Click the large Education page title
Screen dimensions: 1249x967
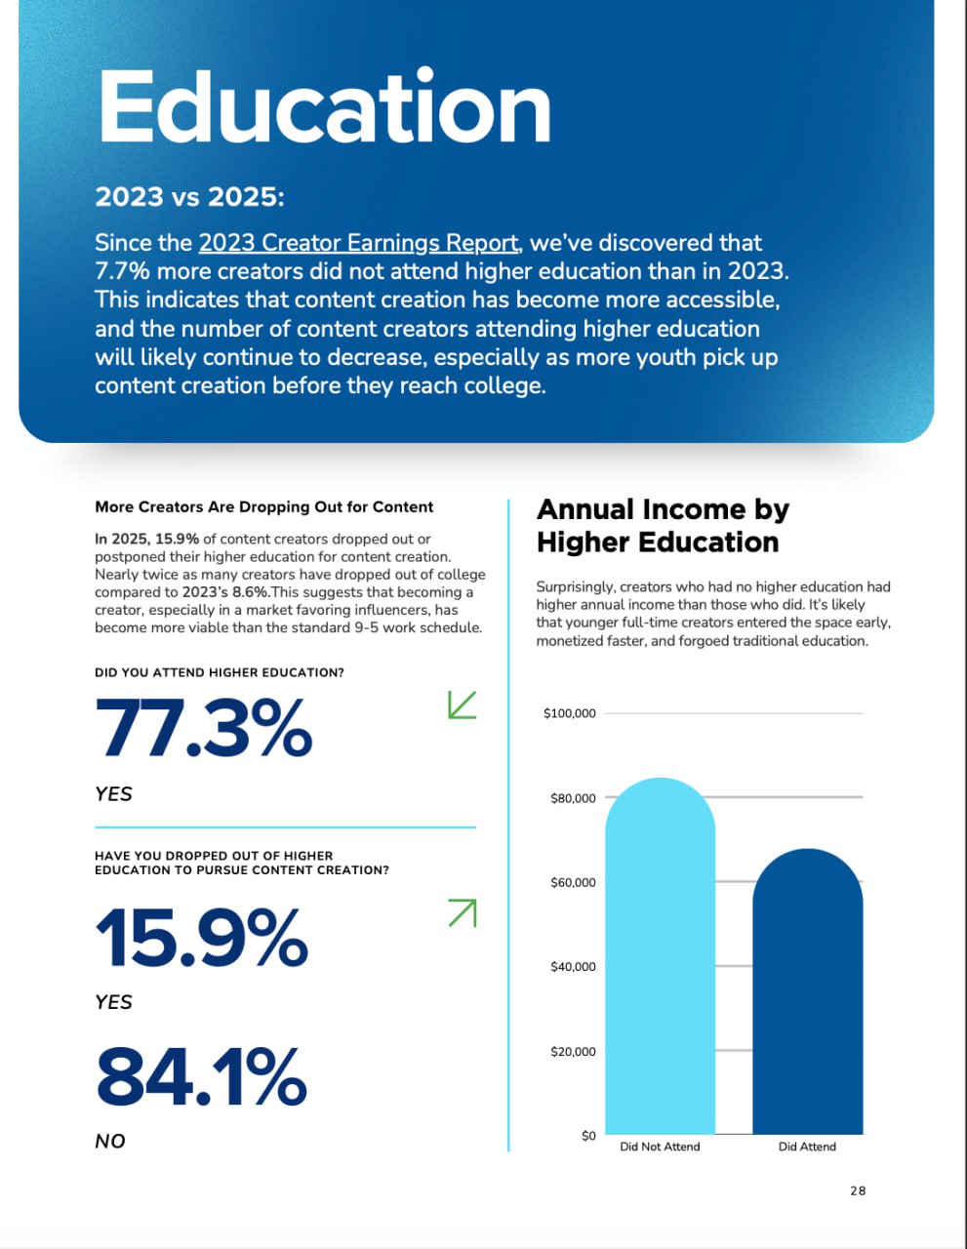tap(324, 107)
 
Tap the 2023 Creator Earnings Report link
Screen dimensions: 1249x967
tap(358, 243)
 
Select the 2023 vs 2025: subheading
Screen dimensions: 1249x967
tap(189, 196)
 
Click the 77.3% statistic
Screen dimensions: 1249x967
tap(204, 728)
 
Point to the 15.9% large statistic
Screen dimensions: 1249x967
tap(202, 938)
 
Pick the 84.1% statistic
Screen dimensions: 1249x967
tap(202, 1076)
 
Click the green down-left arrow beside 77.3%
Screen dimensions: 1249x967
tap(462, 705)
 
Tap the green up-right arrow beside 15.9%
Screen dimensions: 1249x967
tap(462, 913)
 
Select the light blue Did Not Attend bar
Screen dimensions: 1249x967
tap(660, 956)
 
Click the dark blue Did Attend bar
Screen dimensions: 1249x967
tap(807, 991)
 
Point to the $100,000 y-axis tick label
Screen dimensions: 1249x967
tap(569, 713)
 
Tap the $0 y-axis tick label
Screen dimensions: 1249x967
tap(587, 1136)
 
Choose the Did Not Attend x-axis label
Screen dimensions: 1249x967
tap(660, 1147)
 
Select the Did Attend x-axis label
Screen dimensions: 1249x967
tap(807, 1147)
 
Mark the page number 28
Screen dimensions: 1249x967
tap(858, 1190)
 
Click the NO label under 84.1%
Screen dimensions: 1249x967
tap(110, 1141)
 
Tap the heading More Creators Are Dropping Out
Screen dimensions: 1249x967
tap(263, 506)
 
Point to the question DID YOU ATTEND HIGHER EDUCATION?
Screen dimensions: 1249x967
tap(219, 672)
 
